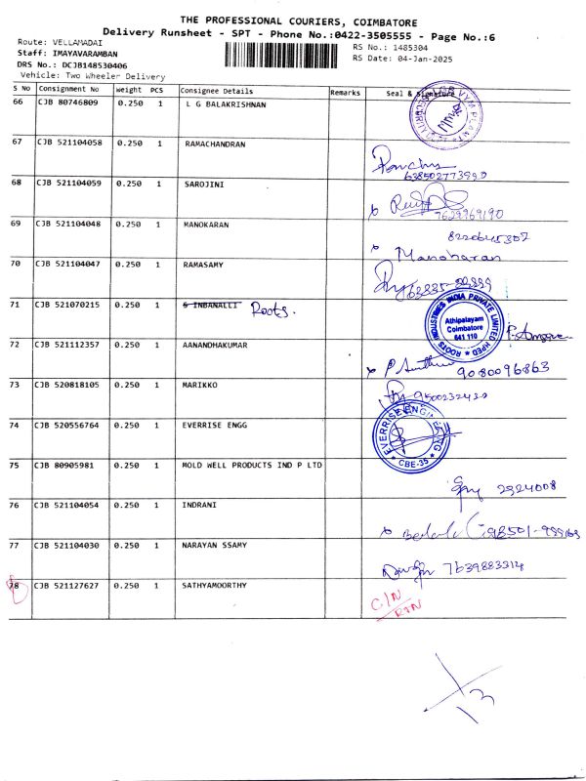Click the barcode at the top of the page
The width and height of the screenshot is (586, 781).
pyautogui.click(x=287, y=53)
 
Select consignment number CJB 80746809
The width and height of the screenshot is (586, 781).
pyautogui.click(x=68, y=103)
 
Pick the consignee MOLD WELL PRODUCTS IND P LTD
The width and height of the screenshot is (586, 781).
pyautogui.click(x=252, y=465)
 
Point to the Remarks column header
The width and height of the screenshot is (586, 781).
pyautogui.click(x=346, y=92)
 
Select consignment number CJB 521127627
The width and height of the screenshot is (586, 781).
pyautogui.click(x=69, y=586)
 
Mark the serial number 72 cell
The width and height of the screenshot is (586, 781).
pyautogui.click(x=17, y=344)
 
